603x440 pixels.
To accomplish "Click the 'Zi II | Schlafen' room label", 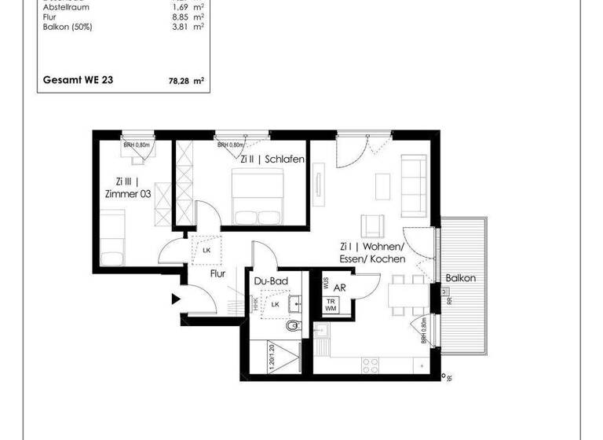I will [272, 159].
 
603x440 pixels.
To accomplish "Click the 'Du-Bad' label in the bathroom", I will [269, 281].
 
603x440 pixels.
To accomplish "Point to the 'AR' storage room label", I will [340, 288].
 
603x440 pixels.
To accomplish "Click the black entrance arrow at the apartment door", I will [177, 299].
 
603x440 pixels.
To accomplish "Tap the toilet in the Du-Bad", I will [293, 325].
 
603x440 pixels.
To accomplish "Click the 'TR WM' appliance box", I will [333, 305].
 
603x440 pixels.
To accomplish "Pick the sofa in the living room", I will [414, 186].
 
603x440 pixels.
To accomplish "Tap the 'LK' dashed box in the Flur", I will [206, 249].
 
